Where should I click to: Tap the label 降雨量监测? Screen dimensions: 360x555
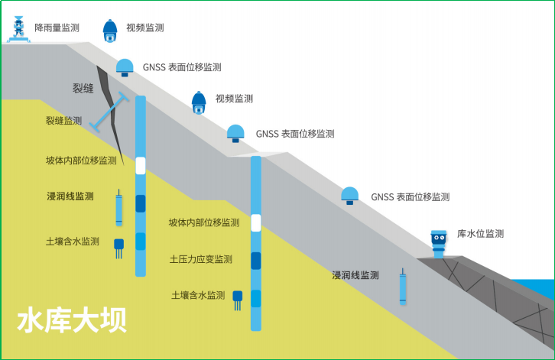point(57,28)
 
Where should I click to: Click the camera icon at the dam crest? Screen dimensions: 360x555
point(111,30)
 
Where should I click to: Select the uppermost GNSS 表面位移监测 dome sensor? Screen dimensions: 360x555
point(125,68)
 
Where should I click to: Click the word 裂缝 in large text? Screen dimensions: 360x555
point(83,89)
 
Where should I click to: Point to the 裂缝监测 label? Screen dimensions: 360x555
point(63,121)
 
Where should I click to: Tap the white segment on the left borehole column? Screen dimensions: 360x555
point(140,165)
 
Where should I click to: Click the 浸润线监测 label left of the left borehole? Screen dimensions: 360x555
point(70,196)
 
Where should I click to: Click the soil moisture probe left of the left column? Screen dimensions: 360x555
point(119,247)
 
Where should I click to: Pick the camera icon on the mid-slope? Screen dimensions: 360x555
point(199,102)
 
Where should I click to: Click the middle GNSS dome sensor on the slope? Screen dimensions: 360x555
point(236,134)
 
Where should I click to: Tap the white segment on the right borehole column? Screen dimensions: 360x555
point(256,222)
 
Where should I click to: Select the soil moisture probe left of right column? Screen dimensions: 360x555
point(238,299)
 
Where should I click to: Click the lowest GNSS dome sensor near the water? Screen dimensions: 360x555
point(350,196)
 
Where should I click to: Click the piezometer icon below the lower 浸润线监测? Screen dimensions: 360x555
point(403,290)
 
